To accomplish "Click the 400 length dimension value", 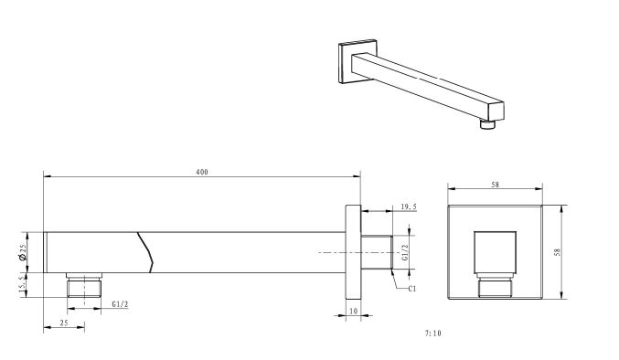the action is pyautogui.click(x=202, y=172).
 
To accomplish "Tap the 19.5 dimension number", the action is pyautogui.click(x=409, y=206).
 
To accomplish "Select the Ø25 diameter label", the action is pyautogui.click(x=22, y=252).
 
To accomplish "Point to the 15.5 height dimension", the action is pyautogui.click(x=22, y=284).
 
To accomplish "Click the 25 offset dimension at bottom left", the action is pyautogui.click(x=64, y=323).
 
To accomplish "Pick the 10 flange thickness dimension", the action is pyautogui.click(x=353, y=311).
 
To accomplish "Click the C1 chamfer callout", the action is pyautogui.click(x=412, y=289).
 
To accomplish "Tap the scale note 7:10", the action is pyautogui.click(x=432, y=334).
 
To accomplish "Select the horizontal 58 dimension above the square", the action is pyautogui.click(x=495, y=185).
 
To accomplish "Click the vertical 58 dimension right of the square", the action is pyautogui.click(x=557, y=252).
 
